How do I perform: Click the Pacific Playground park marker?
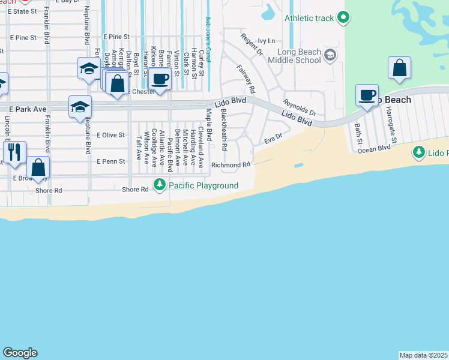pyautogui.click(x=159, y=185)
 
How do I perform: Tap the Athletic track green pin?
pyautogui.click(x=343, y=18)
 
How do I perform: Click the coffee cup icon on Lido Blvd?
pyautogui.click(x=367, y=95)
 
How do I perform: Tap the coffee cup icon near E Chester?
pyautogui.click(x=160, y=79)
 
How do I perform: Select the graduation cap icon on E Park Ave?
pyautogui.click(x=80, y=107)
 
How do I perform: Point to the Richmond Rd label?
pyautogui.click(x=231, y=164)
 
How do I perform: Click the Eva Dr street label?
pyautogui.click(x=273, y=139)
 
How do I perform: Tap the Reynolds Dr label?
pyautogui.click(x=300, y=108)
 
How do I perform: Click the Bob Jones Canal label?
pyautogui.click(x=208, y=39)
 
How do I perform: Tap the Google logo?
pyautogui.click(x=20, y=353)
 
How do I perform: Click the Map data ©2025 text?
pyautogui.click(x=424, y=355)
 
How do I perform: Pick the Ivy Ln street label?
pyautogui.click(x=266, y=41)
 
